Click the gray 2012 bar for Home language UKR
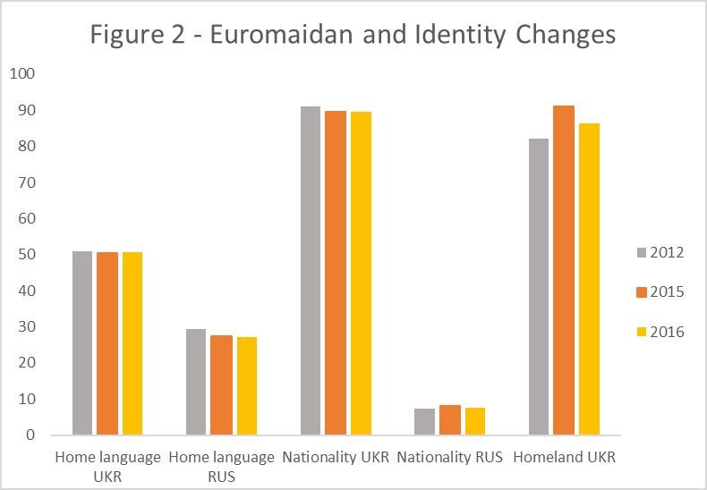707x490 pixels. click(x=82, y=343)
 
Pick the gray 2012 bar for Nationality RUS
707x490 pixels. click(x=425, y=422)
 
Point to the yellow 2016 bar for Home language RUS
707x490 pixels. click(x=246, y=386)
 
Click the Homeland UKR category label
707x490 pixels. click(x=564, y=457)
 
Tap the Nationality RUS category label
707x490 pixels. click(x=450, y=457)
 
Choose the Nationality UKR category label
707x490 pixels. click(x=336, y=457)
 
